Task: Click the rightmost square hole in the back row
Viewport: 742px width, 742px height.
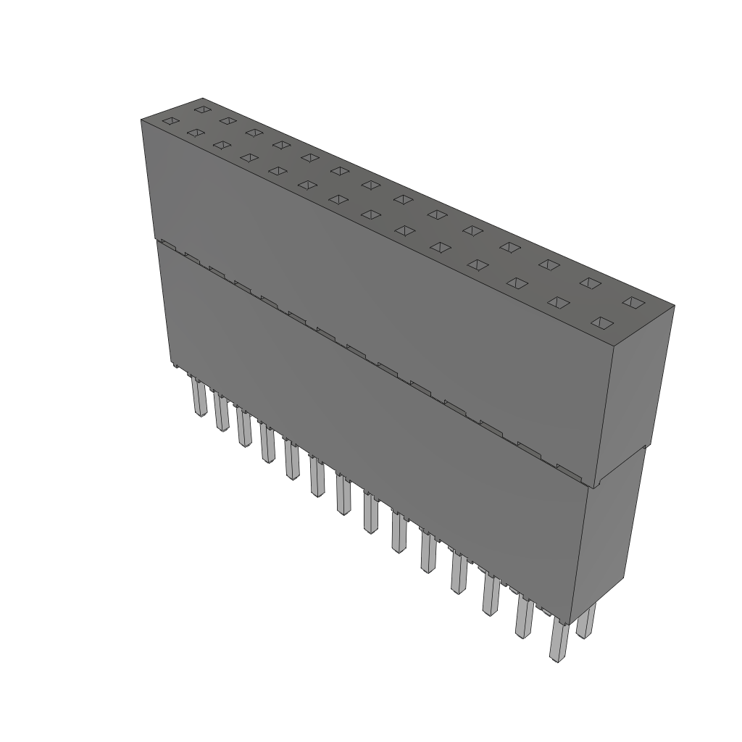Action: [633, 301]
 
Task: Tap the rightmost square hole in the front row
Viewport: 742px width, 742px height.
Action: [603, 322]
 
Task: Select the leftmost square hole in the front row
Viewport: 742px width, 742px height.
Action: [170, 121]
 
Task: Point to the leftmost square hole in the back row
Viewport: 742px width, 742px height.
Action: [202, 109]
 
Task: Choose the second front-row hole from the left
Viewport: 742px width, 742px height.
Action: [194, 133]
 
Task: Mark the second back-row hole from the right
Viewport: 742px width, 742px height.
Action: [589, 283]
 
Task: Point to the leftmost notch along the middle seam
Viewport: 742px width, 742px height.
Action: [167, 244]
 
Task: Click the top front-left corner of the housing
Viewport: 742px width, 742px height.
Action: [141, 120]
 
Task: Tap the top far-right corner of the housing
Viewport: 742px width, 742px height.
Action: [675, 305]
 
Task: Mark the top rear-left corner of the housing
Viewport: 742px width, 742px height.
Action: [203, 99]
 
